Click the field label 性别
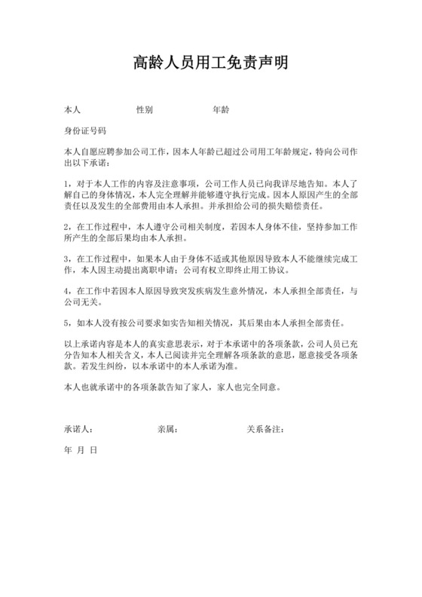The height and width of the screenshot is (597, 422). click(145, 110)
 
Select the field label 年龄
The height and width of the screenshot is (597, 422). click(221, 110)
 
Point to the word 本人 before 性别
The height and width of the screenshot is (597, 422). click(73, 110)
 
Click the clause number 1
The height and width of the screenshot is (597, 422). click(67, 183)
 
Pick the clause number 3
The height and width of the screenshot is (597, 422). click(67, 258)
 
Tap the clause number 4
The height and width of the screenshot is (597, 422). click(67, 290)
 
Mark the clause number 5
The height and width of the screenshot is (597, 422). click(67, 323)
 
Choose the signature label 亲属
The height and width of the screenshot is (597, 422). click(167, 430)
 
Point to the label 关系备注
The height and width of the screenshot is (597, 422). click(265, 430)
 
